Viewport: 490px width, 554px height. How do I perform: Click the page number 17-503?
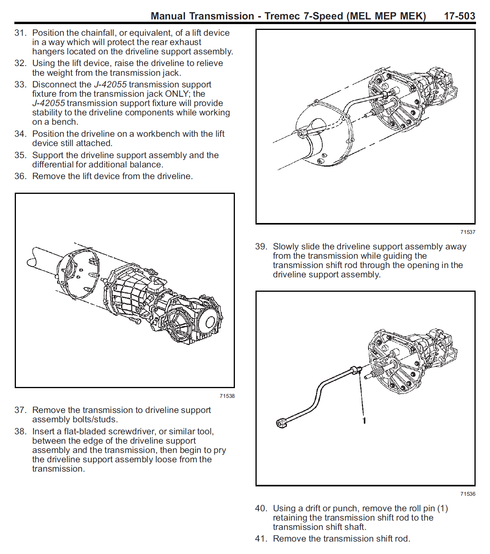click(x=459, y=16)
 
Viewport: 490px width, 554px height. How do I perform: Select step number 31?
click(x=20, y=33)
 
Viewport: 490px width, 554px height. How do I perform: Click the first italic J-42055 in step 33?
click(x=110, y=85)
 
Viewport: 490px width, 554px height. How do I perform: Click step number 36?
click(x=20, y=176)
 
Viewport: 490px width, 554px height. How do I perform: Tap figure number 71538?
click(x=227, y=396)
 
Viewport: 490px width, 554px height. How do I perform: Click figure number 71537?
click(x=467, y=232)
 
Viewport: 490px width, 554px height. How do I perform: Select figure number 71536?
click(x=467, y=494)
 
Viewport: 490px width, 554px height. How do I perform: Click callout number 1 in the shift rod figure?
click(x=364, y=420)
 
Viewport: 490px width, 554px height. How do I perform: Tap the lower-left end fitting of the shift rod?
click(x=281, y=423)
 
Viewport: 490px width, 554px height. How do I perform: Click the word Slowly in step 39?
click(x=285, y=247)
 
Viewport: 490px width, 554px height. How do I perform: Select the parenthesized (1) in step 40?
click(x=442, y=509)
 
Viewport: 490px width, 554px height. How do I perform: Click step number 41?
click(x=261, y=539)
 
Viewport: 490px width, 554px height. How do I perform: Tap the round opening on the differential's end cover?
click(x=210, y=322)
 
